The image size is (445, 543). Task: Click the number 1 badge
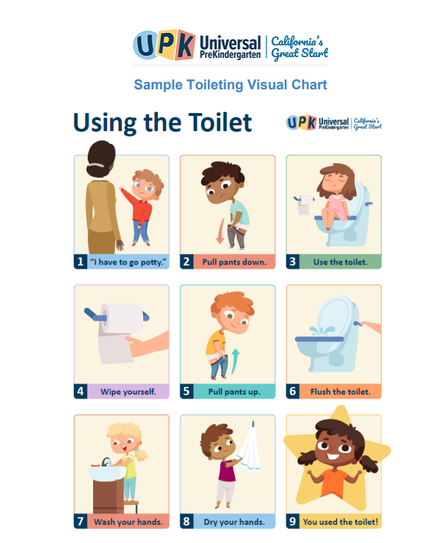80,262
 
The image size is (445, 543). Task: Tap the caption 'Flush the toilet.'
340,391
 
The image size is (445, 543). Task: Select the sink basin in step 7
107,474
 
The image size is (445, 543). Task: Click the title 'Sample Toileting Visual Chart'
231,85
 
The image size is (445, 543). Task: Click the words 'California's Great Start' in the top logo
299,47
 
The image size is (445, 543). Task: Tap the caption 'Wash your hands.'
128,522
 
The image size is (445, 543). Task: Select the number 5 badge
186,391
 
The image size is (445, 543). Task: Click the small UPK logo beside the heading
334,123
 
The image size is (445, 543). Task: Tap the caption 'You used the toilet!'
340,522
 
